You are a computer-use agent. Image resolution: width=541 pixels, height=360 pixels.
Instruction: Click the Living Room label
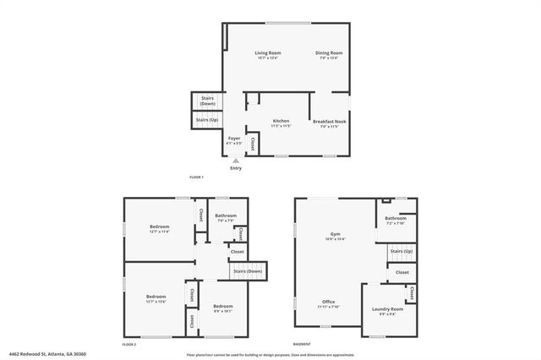[268, 54]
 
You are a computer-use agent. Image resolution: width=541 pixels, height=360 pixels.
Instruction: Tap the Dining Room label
[329, 54]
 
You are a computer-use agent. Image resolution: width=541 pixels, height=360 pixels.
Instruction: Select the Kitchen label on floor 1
[281, 122]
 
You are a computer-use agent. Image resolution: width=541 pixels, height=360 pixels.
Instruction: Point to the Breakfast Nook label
[329, 122]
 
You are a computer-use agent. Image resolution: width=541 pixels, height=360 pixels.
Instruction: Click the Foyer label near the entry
[234, 140]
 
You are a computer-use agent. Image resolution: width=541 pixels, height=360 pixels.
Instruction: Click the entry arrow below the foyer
[235, 160]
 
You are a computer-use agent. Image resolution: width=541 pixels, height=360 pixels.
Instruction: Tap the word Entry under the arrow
[235, 167]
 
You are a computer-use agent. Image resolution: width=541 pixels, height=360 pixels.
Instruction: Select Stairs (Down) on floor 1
[207, 101]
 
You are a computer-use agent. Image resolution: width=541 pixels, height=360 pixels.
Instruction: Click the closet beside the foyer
[253, 145]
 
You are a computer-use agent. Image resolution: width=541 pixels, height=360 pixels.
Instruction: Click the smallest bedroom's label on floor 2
[222, 308]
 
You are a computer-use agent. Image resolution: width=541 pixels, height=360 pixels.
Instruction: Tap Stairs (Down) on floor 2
[248, 271]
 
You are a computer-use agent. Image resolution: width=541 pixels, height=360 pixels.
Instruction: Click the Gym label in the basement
[335, 236]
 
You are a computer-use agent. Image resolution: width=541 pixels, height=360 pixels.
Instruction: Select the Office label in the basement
[329, 303]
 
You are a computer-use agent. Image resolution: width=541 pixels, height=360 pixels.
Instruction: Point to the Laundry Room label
[387, 310]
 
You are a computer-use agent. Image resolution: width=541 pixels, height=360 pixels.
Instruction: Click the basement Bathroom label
[396, 221]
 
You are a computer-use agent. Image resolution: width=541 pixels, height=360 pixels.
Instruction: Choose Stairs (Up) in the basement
[402, 251]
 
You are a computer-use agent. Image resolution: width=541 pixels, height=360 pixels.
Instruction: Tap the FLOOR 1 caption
[197, 177]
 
